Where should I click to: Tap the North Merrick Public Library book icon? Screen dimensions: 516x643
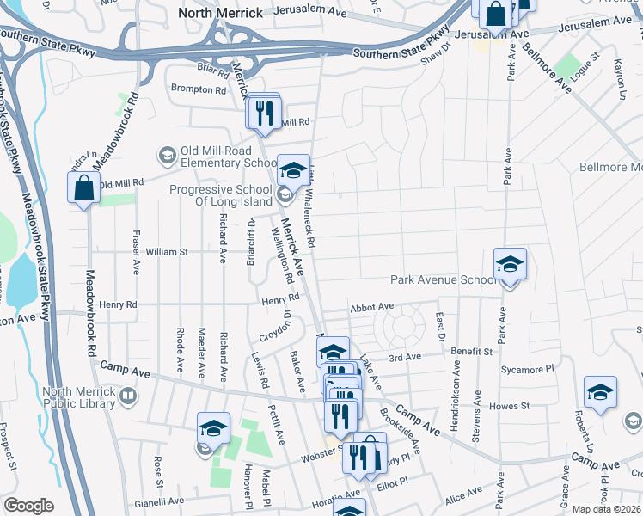[x=128, y=396]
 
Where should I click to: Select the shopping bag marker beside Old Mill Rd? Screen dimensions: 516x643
[x=83, y=188]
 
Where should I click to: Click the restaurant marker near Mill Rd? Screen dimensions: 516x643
[x=264, y=112]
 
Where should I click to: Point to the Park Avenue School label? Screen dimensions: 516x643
[x=444, y=279]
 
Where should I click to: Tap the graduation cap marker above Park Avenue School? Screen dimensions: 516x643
[x=510, y=264]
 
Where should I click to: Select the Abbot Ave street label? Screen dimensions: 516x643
[x=371, y=307]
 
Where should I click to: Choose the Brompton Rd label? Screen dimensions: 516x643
[x=198, y=89]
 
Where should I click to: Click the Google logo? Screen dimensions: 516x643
[x=28, y=506]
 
